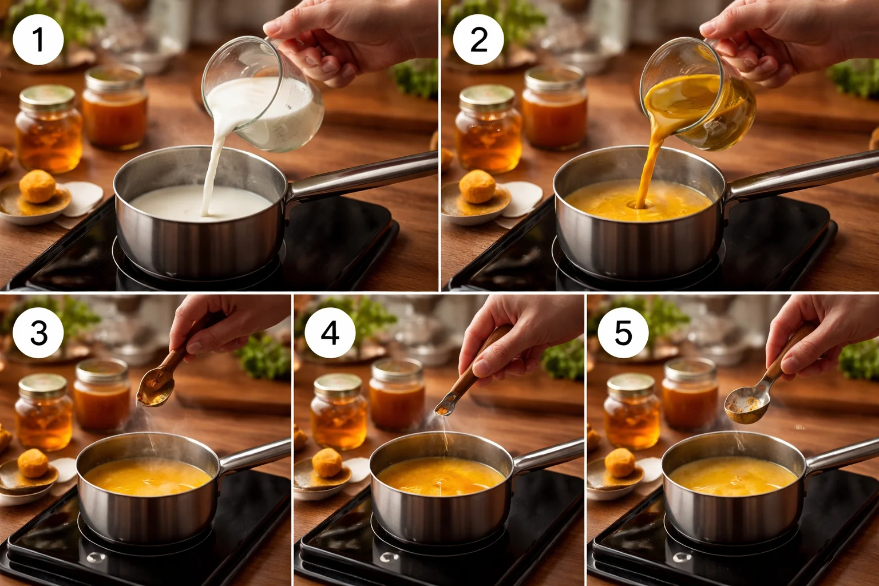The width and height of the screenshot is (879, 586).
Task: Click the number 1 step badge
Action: (38, 39)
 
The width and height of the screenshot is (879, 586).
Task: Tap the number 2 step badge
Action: (478, 39)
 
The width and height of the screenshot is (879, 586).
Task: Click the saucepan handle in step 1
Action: (366, 175)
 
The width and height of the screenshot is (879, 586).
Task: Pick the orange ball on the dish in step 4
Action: (326, 462)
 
